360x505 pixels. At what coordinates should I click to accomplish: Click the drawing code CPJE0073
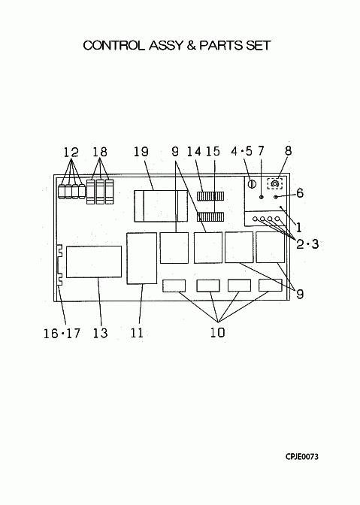click(x=301, y=457)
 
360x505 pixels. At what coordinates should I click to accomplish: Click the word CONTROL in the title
click(x=113, y=45)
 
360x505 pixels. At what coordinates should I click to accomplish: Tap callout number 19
click(x=141, y=152)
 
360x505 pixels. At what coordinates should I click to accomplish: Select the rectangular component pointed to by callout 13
click(x=94, y=262)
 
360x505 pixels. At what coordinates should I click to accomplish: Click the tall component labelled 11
click(x=142, y=259)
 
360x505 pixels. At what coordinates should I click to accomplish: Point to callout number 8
click(x=288, y=151)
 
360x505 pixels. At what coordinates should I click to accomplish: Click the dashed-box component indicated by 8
click(x=274, y=184)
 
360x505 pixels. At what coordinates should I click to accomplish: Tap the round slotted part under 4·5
click(x=252, y=184)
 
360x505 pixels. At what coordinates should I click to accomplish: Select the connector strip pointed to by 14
click(x=210, y=196)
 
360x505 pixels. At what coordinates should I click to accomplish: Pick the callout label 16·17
click(x=62, y=333)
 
